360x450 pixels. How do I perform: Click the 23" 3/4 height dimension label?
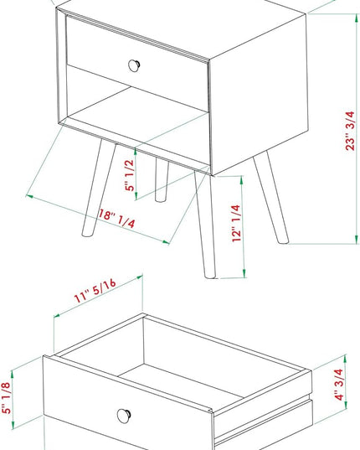coord(350,131)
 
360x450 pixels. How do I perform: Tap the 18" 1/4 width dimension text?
coord(116,219)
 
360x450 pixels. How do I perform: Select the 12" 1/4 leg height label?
coord(236,223)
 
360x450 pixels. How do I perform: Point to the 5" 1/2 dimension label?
coord(130,175)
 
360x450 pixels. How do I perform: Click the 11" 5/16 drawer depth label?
coord(95,291)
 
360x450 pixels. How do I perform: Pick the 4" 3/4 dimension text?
coord(339,385)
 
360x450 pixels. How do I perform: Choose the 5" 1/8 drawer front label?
coord(7,398)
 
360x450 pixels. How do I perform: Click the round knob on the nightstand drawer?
coord(134,65)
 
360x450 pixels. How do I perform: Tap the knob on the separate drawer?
coord(124,416)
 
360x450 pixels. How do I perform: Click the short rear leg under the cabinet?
coord(162,180)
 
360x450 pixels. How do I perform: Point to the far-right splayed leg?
coord(271,197)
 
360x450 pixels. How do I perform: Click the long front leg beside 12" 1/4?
coord(205,225)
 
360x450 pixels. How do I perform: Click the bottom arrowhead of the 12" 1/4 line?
coord(244,273)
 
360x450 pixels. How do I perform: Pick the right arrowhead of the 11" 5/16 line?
coord(139,277)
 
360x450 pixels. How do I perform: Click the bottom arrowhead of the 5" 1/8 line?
coord(13,425)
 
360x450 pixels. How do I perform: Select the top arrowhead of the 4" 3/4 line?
coord(346,359)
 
